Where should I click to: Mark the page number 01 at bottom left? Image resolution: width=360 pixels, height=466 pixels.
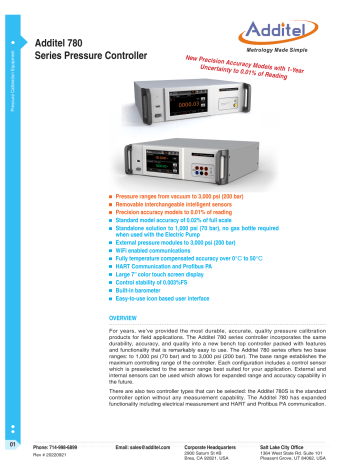tap(12, 442)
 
